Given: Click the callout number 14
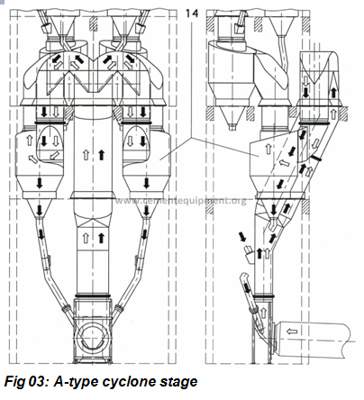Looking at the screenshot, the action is (x=192, y=14).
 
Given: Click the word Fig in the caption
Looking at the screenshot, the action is (x=14, y=382).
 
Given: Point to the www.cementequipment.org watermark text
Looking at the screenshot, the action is (x=181, y=200).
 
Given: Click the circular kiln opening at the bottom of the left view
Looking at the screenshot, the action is (x=91, y=338).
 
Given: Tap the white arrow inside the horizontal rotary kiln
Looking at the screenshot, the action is (x=292, y=332).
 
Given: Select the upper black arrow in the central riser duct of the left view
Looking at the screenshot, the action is (x=101, y=155).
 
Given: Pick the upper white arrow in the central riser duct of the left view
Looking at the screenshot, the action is (x=86, y=155).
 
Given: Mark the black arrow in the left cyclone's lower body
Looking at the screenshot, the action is (x=40, y=183).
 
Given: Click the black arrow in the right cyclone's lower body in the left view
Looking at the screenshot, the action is (x=146, y=183).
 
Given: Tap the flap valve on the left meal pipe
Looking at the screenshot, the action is (x=48, y=261).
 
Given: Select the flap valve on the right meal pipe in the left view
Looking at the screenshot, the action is (x=138, y=261).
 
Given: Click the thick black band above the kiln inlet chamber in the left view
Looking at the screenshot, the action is (x=91, y=296).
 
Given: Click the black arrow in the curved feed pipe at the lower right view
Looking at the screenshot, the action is (x=247, y=288).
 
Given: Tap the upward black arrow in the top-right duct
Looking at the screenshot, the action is (x=333, y=93).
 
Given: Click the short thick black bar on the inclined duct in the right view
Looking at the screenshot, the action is (x=316, y=158).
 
